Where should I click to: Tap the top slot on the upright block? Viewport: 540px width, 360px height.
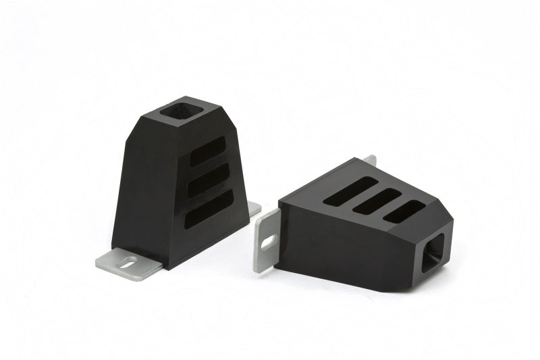(x=207, y=152)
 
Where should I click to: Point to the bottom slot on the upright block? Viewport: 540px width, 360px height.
(x=209, y=209)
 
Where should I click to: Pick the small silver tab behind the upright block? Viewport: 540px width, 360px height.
(x=254, y=209)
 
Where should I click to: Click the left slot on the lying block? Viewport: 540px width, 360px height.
(x=350, y=191)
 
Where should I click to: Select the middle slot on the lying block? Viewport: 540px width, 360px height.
(x=379, y=201)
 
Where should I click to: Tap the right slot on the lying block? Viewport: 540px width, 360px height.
(x=406, y=211)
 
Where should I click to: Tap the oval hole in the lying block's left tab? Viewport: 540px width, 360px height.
(x=268, y=240)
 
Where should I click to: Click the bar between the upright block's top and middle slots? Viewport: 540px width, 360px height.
(x=208, y=166)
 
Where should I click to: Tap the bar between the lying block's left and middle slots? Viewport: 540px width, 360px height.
(x=364, y=196)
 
